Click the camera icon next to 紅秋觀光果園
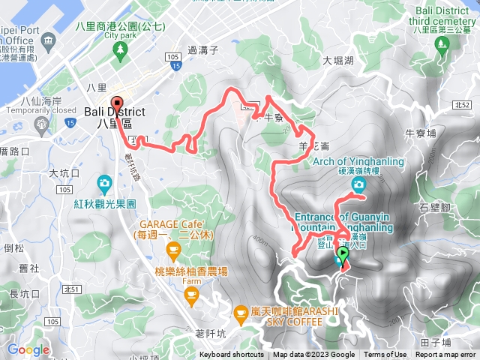point(104,182)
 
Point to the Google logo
point(28,349)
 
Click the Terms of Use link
point(385,355)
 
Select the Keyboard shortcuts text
point(231,355)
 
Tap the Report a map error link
point(445,355)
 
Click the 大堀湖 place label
point(339,62)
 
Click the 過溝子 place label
point(202,50)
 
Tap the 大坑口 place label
point(63,173)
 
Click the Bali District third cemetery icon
point(441,43)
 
